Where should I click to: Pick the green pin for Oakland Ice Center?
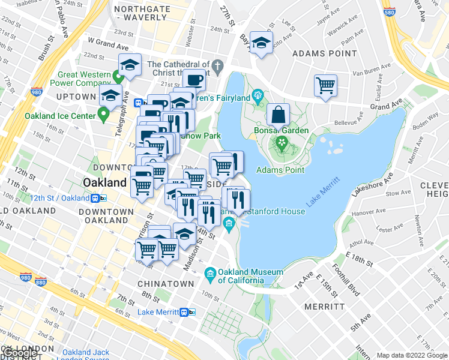[104, 113]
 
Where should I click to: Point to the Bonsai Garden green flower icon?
[281, 143]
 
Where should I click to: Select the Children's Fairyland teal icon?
[259, 95]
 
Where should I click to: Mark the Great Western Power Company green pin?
[118, 77]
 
